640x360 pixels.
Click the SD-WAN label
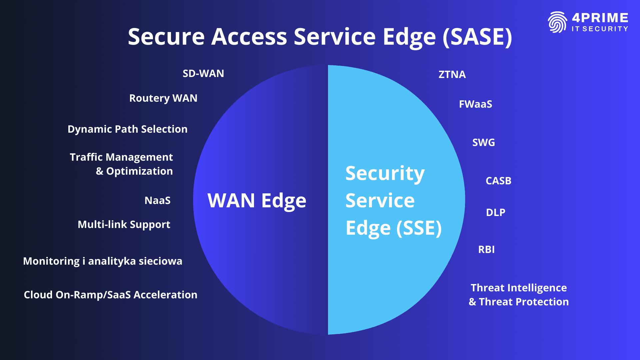(x=203, y=73)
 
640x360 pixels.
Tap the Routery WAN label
(x=163, y=98)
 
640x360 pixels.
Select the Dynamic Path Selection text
(x=127, y=129)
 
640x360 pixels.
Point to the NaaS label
(x=157, y=200)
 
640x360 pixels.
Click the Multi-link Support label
(x=124, y=224)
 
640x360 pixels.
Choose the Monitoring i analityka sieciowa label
(x=103, y=261)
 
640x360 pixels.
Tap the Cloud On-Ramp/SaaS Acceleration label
(x=111, y=295)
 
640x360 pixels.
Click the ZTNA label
(x=452, y=74)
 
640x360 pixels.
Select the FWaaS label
(x=475, y=104)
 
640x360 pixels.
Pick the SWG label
(x=484, y=142)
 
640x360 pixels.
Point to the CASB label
(x=498, y=181)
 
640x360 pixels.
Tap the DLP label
(x=496, y=212)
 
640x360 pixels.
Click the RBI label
(x=486, y=249)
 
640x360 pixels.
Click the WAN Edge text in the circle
(x=257, y=200)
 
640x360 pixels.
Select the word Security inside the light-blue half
(x=385, y=173)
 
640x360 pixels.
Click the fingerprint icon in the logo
(x=557, y=22)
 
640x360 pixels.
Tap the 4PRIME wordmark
(x=600, y=18)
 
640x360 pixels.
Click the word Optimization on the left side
(x=139, y=171)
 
